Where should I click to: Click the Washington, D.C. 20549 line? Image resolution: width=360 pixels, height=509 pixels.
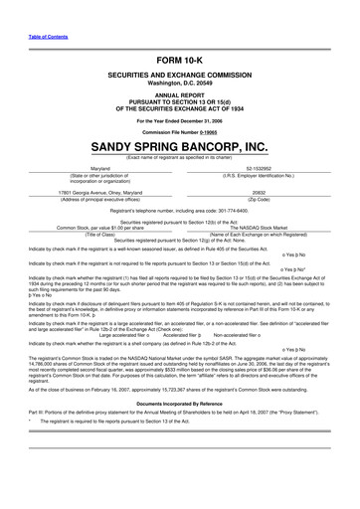coord(179,85)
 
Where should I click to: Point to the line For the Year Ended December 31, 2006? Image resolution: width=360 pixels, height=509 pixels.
coord(179,119)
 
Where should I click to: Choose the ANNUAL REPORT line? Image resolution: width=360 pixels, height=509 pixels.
coord(179,95)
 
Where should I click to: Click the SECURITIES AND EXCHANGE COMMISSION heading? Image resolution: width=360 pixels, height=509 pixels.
coord(179,78)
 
